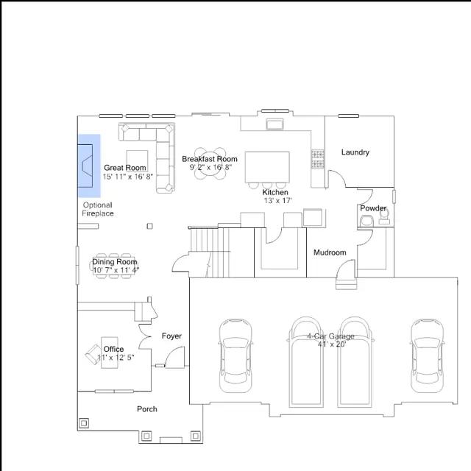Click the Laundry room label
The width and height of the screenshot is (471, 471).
(355, 152)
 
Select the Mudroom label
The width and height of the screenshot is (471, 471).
(330, 252)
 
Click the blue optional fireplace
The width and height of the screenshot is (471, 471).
(89, 166)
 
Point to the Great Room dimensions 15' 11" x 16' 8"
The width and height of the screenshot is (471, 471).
(128, 177)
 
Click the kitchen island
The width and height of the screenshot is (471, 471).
(267, 167)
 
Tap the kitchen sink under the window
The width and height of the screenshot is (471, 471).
(275, 124)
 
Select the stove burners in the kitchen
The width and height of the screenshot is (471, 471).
(317, 159)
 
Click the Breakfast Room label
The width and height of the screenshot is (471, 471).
(210, 159)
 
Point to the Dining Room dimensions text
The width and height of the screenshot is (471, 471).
(116, 270)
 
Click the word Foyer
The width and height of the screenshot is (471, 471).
(171, 336)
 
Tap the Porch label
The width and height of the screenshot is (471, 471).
(147, 409)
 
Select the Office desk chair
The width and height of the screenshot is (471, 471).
(93, 354)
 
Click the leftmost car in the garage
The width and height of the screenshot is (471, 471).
(235, 355)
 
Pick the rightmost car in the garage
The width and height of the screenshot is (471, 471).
(427, 355)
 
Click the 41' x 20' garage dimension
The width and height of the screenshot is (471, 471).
(332, 344)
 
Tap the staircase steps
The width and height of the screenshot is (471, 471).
(210, 252)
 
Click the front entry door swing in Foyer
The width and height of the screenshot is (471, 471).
(175, 357)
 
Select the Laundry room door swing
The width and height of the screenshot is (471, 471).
(337, 178)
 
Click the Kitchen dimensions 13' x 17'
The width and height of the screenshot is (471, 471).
(278, 201)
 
